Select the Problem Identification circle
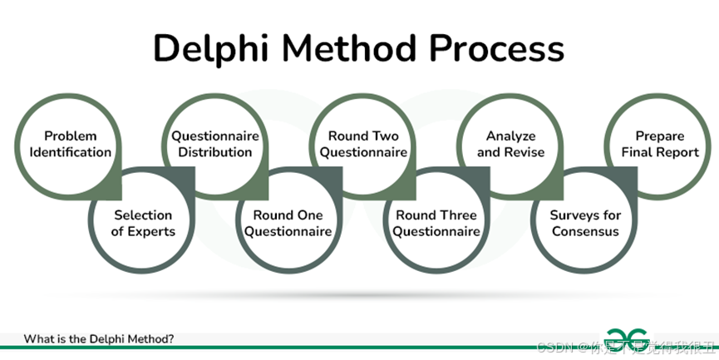[x=71, y=144]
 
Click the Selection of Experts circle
[x=143, y=223]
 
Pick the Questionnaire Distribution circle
[x=215, y=144]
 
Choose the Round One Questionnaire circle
[x=288, y=223]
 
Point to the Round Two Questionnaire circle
[x=363, y=144]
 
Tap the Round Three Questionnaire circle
[x=436, y=223]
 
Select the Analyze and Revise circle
[x=510, y=144]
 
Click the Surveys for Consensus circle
[x=585, y=223]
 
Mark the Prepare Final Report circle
[x=659, y=144]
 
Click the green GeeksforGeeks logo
[x=628, y=338]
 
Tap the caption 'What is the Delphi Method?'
[x=98, y=338]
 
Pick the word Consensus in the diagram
[x=585, y=231]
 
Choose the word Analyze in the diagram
[x=510, y=136]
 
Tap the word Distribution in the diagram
[x=215, y=152]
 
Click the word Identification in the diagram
[x=71, y=152]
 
